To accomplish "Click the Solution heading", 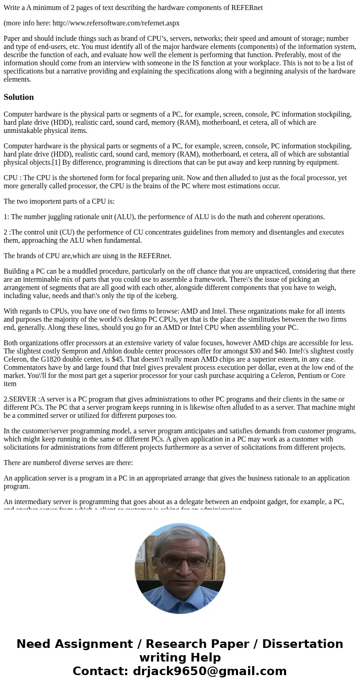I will (19, 97).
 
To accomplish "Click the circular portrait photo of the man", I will (180, 568).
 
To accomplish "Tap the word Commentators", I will (24, 368).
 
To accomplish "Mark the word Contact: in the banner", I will (101, 671).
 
